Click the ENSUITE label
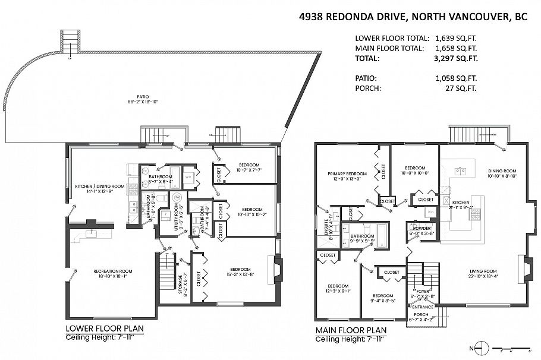click(x=326, y=229)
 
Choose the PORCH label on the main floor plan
click(x=421, y=315)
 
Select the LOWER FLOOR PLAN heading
click(x=104, y=328)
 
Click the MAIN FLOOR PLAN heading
click(x=351, y=330)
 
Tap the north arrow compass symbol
click(x=483, y=348)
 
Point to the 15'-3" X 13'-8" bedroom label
click(x=241, y=271)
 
